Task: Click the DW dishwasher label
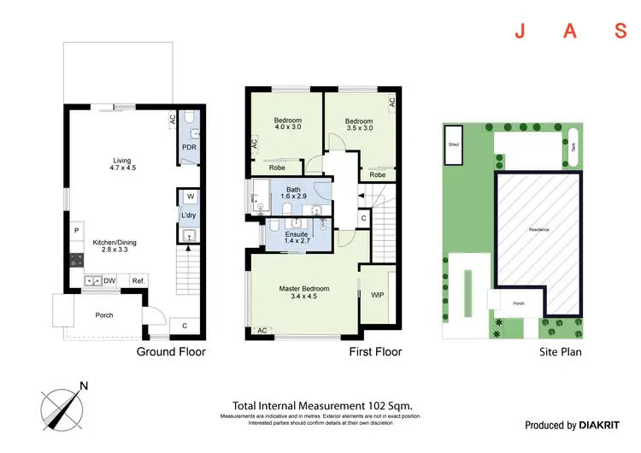[109, 280]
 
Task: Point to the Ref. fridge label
[137, 280]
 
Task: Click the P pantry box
[77, 231]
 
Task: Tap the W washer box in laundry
[190, 197]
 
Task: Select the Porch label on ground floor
[103, 315]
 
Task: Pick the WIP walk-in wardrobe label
[377, 296]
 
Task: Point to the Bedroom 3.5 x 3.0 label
[358, 126]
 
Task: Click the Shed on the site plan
[453, 144]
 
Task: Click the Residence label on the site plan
[538, 230]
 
